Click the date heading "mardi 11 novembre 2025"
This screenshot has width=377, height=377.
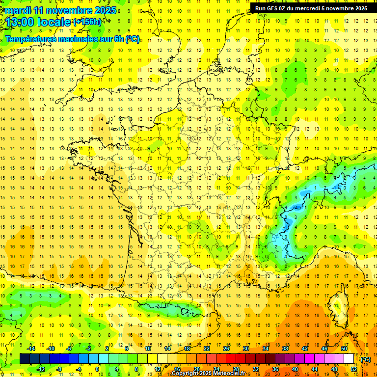point(61,10)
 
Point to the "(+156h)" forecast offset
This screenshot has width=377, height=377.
point(87,22)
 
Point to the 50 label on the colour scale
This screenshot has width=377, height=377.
point(344,349)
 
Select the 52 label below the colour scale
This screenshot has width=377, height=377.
point(353,369)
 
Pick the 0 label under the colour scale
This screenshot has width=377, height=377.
point(98,369)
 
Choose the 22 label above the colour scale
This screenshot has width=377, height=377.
point(207,349)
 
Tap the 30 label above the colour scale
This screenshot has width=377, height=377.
point(246,349)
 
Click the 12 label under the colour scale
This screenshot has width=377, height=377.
point(157,369)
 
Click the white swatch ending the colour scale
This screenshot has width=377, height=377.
point(349,359)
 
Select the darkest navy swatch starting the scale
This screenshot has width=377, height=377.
point(25,359)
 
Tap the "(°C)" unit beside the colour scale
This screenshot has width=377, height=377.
point(365,359)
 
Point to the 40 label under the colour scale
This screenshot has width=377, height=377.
point(295,369)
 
